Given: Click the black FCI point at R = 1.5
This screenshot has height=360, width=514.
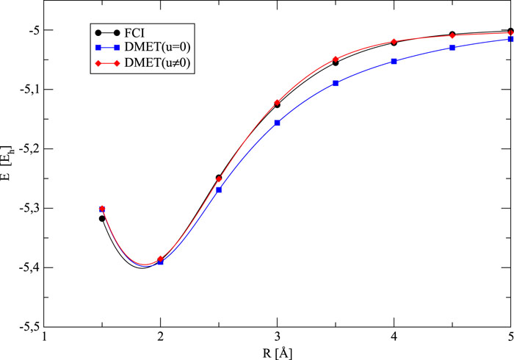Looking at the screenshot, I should (102, 218).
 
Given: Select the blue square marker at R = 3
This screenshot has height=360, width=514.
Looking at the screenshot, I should (277, 123).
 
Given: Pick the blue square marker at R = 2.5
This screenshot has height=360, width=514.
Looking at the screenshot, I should (219, 190).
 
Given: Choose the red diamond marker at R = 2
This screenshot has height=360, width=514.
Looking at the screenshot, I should (161, 259).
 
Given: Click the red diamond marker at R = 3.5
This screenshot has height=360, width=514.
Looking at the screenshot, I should (336, 60).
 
